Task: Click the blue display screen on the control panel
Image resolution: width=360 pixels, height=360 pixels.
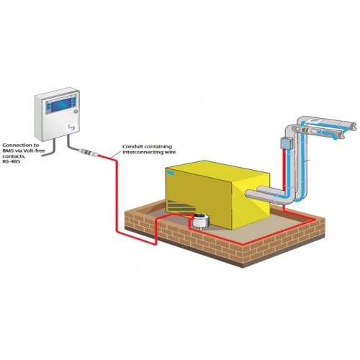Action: coord(61,104)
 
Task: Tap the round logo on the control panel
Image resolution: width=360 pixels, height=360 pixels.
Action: coord(72,127)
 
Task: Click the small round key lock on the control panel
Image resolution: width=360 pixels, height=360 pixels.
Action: coord(76,112)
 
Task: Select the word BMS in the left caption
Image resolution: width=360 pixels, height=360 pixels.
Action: coord(7,151)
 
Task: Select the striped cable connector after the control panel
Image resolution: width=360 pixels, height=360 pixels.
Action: coord(88,152)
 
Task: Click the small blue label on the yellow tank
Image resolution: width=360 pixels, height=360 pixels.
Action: coord(171,172)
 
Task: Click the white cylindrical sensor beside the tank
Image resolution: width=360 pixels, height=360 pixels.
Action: coord(201,221)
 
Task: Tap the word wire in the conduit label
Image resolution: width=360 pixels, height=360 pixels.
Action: coord(171,152)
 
